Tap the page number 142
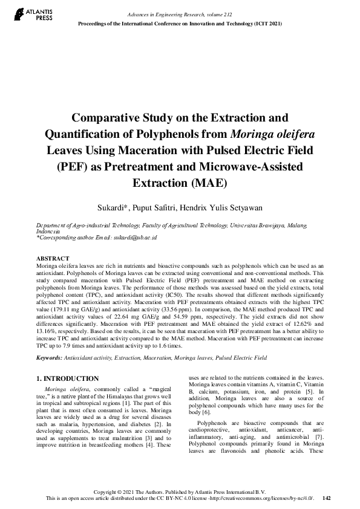tap(327, 498)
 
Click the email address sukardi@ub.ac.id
tap(136, 238)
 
